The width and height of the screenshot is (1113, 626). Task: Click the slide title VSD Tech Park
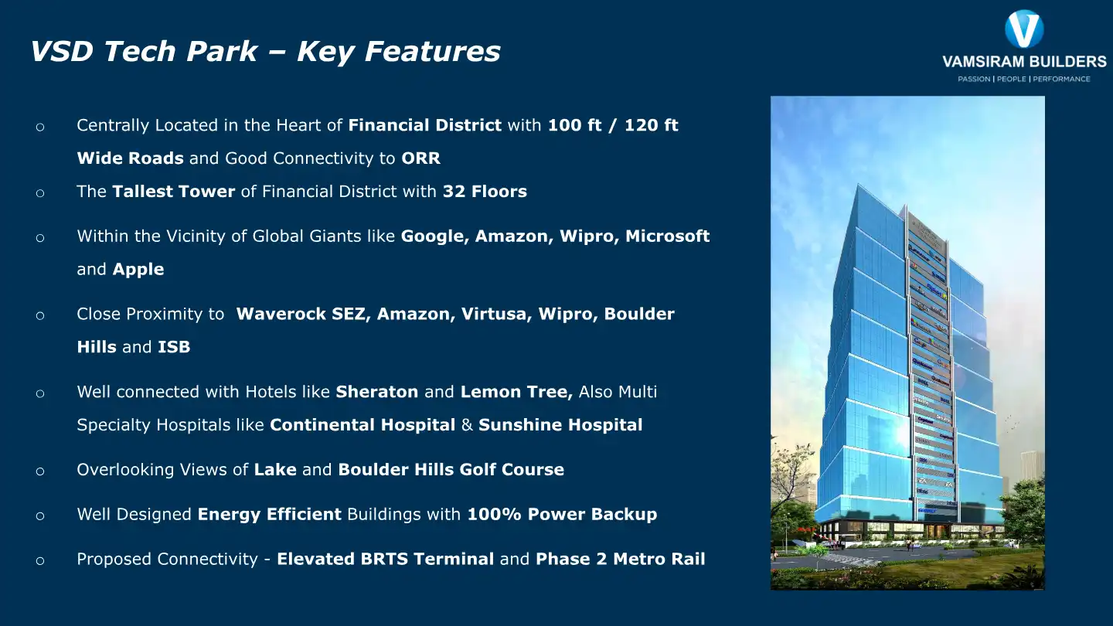(144, 52)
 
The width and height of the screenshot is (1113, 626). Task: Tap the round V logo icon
(1024, 29)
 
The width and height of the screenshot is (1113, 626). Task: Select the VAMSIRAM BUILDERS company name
(1024, 62)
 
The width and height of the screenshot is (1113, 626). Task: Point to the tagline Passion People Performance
(1024, 79)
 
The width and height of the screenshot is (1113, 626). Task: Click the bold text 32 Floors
(485, 192)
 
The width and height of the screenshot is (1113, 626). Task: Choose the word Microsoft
(667, 236)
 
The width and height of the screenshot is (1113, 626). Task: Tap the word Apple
(138, 270)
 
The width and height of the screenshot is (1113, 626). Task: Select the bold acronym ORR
(420, 158)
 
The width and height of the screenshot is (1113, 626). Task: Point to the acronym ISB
(174, 348)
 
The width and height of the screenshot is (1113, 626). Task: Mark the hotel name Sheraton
(376, 392)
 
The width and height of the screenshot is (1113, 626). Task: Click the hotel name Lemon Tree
(516, 392)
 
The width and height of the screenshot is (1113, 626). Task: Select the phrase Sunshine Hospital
(560, 425)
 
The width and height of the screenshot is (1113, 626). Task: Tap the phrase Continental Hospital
(362, 425)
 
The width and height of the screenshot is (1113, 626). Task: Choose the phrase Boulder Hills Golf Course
(451, 470)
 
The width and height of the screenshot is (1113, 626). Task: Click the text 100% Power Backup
(562, 515)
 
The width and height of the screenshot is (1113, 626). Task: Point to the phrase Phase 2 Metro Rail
(620, 560)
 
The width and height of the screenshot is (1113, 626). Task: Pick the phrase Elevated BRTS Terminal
(385, 560)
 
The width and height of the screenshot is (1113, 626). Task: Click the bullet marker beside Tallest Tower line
(40, 193)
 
